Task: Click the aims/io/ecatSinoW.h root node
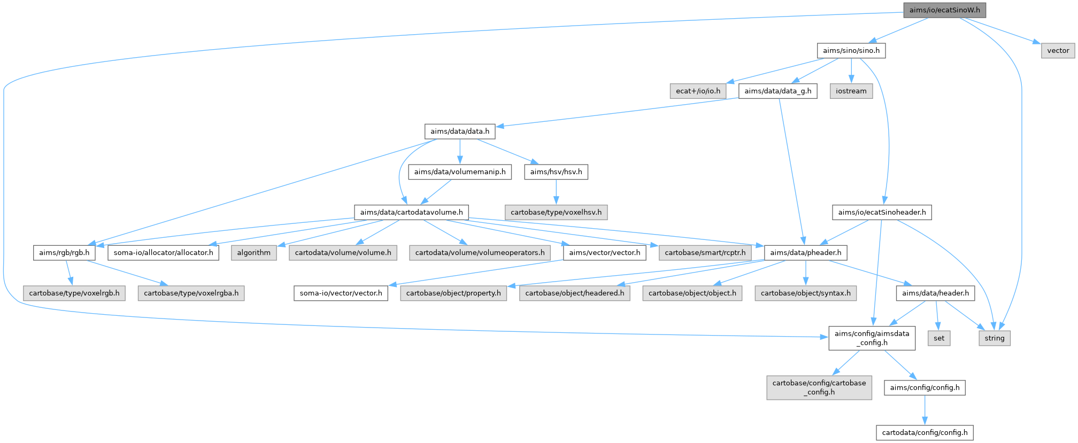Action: click(944, 10)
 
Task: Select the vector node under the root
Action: click(1058, 50)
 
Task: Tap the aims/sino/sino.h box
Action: click(851, 50)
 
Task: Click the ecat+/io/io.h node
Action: click(698, 91)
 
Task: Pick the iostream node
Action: click(851, 91)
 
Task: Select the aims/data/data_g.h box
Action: click(777, 91)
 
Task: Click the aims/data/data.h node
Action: click(459, 131)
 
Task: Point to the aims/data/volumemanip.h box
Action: click(459, 172)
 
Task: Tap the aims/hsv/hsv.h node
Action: click(556, 172)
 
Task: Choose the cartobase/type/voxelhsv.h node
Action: click(556, 212)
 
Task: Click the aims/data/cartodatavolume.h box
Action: click(411, 212)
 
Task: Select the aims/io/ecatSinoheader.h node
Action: click(882, 212)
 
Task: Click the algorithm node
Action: click(253, 252)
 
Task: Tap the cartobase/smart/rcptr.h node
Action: click(705, 252)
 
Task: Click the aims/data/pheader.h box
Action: click(805, 252)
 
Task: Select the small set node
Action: click(939, 338)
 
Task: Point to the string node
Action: click(995, 338)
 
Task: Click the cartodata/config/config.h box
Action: click(925, 432)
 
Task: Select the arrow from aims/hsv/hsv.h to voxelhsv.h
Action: click(556, 192)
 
